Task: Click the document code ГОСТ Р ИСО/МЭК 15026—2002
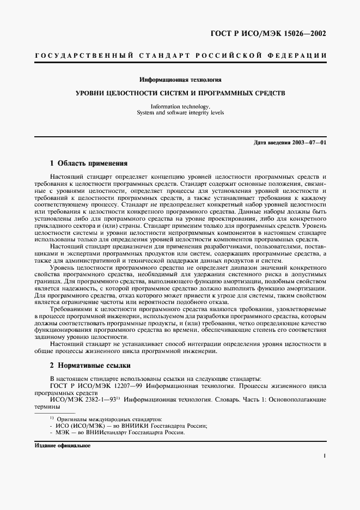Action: pyautogui.click(x=268, y=34)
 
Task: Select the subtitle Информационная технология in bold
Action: pyautogui.click(x=180, y=80)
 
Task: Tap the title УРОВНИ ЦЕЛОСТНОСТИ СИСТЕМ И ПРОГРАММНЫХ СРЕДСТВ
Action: pyautogui.click(x=180, y=93)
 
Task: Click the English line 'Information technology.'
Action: pyautogui.click(x=180, y=106)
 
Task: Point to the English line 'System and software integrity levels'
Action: pyautogui.click(x=180, y=113)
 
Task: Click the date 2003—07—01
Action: pyautogui.click(x=307, y=143)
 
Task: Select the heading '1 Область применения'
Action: pyautogui.click(x=89, y=163)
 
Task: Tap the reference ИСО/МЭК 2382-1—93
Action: pyautogui.click(x=87, y=399)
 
